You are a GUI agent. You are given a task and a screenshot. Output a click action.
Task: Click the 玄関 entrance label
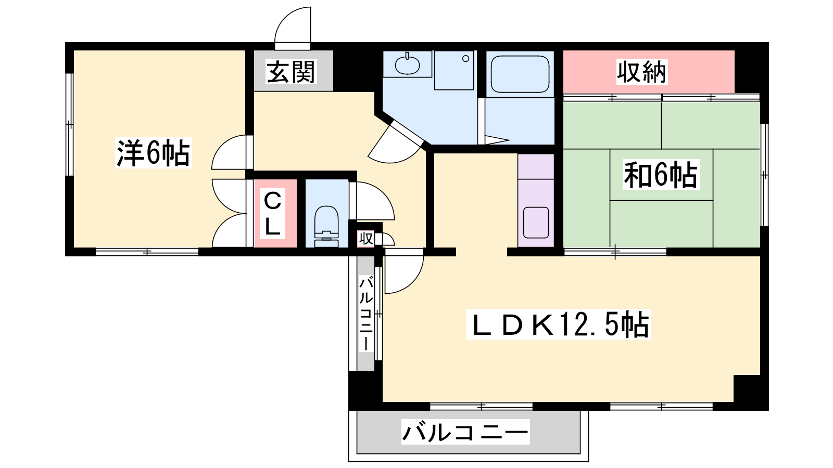tap(291, 72)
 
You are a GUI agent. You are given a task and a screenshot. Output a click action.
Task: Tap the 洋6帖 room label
tap(153, 153)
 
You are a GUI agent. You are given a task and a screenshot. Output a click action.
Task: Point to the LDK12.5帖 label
tap(558, 324)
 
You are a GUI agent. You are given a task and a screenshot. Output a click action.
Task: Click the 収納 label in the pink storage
tap(641, 72)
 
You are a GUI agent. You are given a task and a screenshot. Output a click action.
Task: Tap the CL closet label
tap(272, 214)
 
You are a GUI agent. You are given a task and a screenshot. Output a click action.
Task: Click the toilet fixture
tap(326, 226)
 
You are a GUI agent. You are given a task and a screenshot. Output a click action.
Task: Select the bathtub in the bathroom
tap(520, 76)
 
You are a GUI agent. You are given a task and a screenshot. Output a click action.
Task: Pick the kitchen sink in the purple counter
tap(536, 223)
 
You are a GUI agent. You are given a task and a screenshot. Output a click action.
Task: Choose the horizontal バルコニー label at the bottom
tap(465, 432)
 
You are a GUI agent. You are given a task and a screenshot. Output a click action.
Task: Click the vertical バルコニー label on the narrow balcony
tap(366, 314)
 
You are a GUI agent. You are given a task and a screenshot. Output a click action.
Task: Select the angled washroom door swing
tap(396, 144)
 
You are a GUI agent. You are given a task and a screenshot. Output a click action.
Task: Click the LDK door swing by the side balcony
tap(404, 271)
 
